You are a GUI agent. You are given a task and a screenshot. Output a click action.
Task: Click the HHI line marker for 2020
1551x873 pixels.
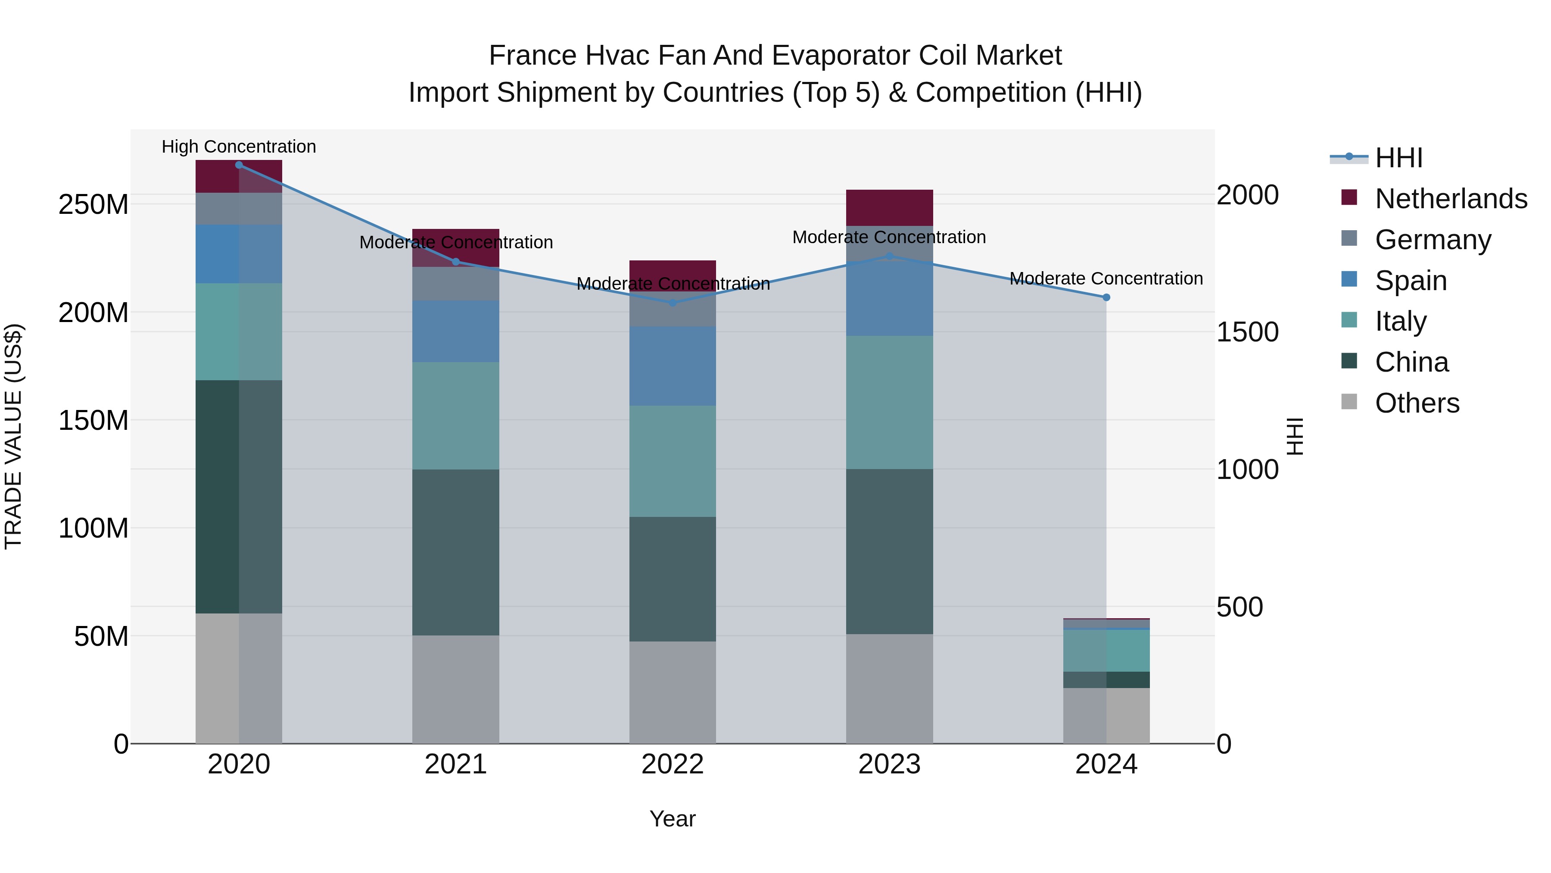tap(239, 165)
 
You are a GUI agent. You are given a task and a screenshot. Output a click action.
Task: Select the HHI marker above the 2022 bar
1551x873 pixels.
tap(673, 303)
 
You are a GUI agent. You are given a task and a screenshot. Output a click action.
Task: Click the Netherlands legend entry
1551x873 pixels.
tap(1451, 199)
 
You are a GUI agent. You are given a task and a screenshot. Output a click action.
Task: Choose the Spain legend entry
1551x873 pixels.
tap(1410, 281)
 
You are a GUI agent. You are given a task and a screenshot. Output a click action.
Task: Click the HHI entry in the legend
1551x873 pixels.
tap(1398, 158)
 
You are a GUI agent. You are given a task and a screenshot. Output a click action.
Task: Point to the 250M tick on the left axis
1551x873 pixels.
tap(93, 205)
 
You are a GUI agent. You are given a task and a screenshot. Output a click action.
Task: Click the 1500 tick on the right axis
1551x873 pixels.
tap(1248, 332)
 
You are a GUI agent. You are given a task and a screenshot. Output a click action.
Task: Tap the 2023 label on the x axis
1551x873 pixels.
tap(889, 764)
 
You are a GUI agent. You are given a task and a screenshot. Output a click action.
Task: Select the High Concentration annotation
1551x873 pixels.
tap(239, 147)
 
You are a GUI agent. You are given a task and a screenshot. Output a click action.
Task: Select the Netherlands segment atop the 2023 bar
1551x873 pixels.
tap(889, 207)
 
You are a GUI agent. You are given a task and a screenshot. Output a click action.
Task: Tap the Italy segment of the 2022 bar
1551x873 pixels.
tap(673, 461)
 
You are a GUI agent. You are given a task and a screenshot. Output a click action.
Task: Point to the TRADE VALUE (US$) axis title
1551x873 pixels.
tap(13, 436)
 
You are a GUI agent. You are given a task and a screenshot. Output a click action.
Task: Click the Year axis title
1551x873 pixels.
tap(673, 819)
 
